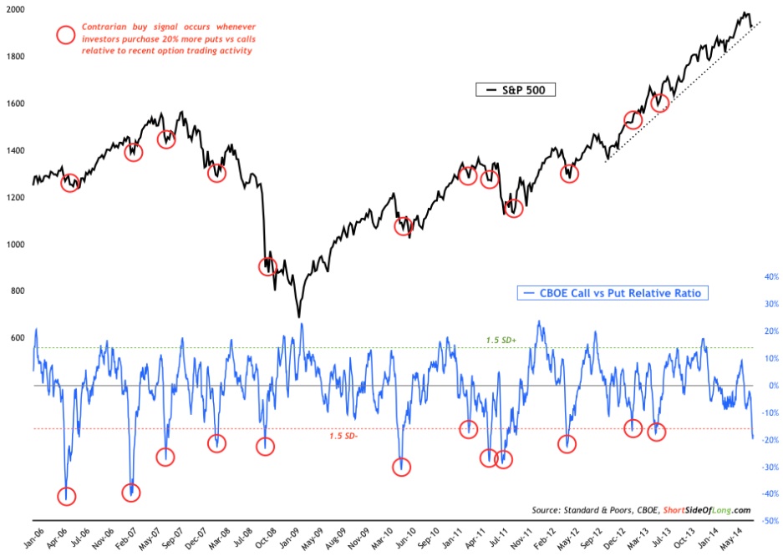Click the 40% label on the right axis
[x=769, y=276]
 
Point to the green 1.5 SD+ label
[x=504, y=340]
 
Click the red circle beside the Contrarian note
[x=65, y=35]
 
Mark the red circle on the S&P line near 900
[x=268, y=266]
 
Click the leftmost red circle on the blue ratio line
[x=66, y=496]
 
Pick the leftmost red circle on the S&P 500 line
[x=70, y=182]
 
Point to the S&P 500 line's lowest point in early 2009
[x=298, y=317]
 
